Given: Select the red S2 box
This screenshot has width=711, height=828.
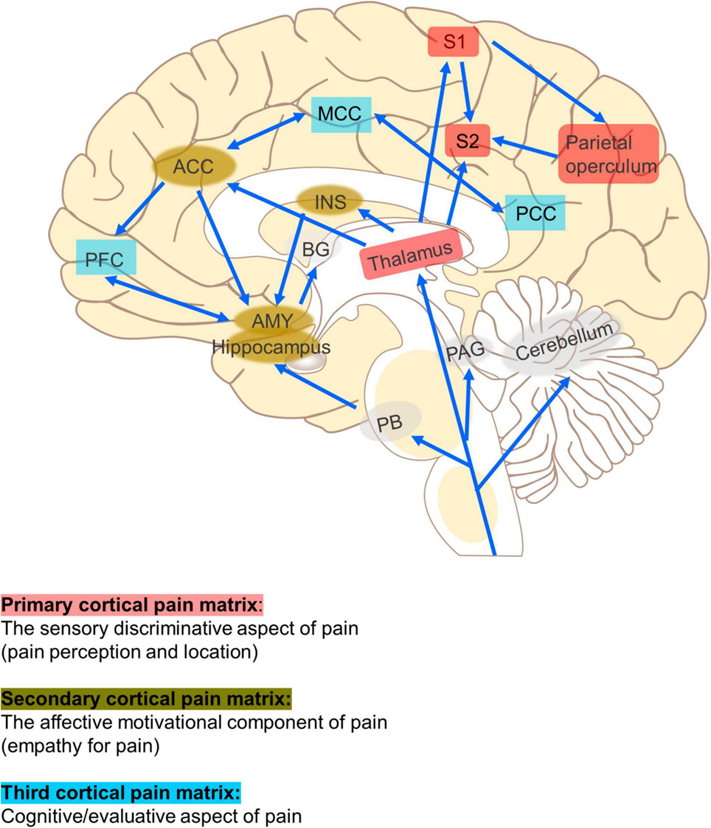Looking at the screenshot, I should coord(468,142).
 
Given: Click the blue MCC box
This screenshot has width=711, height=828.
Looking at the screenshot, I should coord(339,115).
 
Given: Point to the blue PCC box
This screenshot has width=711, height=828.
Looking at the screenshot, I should coord(535,213).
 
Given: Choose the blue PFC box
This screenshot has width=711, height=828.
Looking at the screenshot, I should coord(105,258).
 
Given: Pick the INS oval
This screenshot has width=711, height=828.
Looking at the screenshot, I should coord(329,201).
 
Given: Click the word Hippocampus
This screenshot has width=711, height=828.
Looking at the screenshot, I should coord(271,346).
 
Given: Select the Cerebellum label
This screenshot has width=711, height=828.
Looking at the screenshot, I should coord(564,343).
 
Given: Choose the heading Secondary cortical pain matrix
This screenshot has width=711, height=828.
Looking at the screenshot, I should coord(146,698).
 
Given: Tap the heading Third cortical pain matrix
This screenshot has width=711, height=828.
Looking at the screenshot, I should coord(121,793).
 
